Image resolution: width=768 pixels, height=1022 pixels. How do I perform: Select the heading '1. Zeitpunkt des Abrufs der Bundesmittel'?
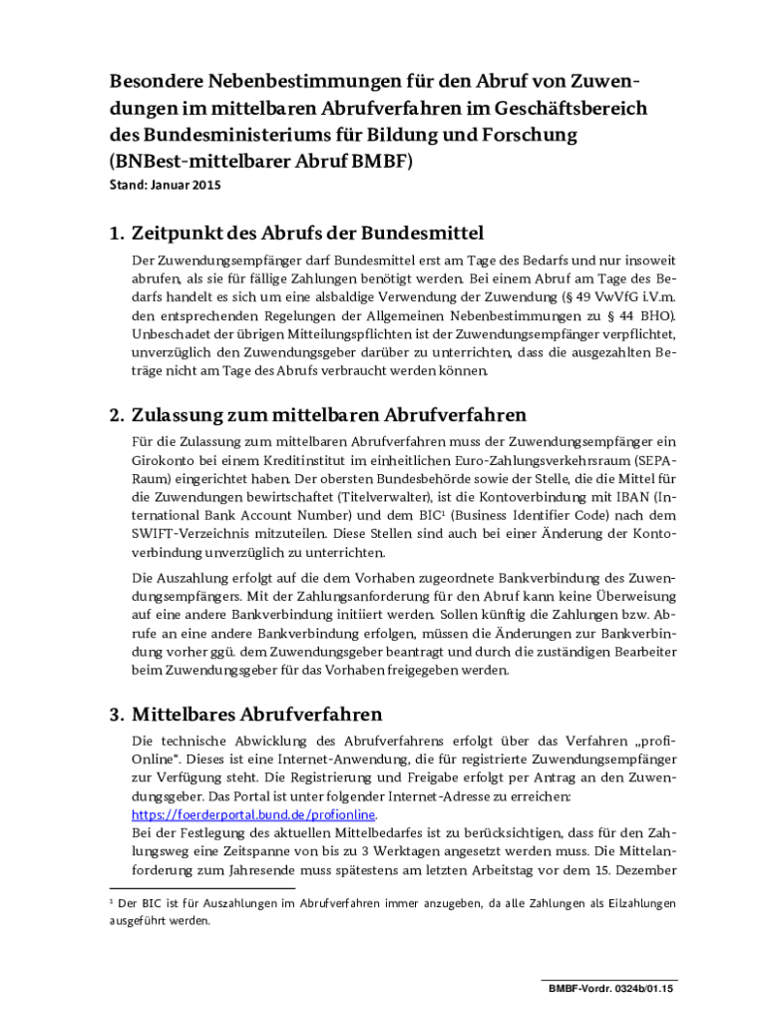(x=296, y=234)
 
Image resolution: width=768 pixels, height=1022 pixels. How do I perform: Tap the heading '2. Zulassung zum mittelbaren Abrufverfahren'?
(x=317, y=415)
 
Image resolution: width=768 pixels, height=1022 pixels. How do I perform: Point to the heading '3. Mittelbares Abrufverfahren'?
(x=245, y=715)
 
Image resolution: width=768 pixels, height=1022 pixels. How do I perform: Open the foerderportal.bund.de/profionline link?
(x=253, y=814)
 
